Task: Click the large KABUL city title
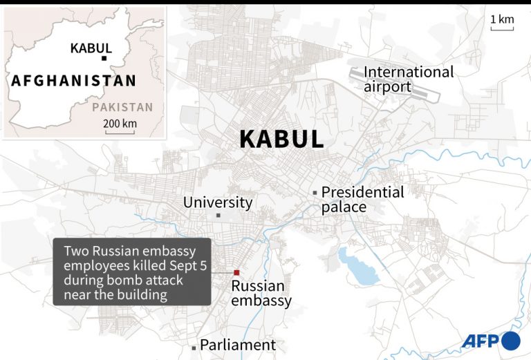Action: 281,139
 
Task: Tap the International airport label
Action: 409,79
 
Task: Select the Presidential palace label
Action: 362,200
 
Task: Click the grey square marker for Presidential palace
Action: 315,192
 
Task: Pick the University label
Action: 218,202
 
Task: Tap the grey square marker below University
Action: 218,216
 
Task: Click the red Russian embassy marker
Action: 236,272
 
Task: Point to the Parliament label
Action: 238,345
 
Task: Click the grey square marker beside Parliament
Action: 194,348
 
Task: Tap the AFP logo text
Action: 481,341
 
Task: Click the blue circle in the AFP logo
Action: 510,341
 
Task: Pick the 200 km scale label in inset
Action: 120,123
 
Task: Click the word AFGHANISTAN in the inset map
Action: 74,81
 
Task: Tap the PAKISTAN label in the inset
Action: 122,107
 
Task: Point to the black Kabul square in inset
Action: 103,59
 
